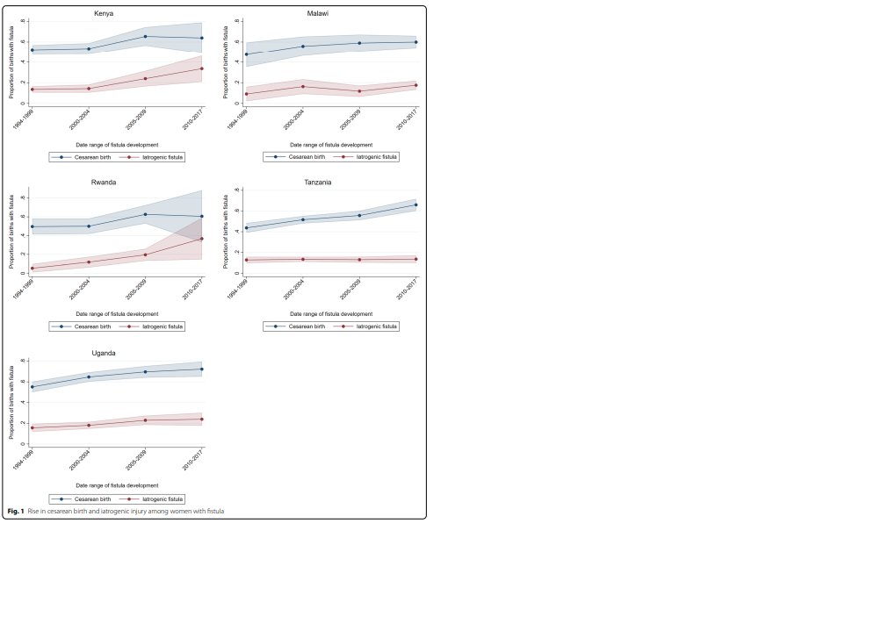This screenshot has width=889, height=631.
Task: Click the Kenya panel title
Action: [104, 13]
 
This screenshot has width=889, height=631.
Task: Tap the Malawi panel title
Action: [318, 13]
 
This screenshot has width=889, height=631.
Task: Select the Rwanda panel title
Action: [104, 183]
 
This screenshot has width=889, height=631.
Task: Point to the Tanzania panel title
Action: [318, 183]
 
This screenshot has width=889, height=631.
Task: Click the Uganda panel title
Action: [104, 353]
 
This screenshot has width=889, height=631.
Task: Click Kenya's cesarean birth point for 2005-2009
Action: [145, 36]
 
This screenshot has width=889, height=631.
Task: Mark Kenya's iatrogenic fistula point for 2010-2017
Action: [202, 68]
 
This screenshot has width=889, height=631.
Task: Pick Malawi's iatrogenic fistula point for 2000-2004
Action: [302, 86]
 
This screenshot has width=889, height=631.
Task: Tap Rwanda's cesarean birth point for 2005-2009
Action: [145, 214]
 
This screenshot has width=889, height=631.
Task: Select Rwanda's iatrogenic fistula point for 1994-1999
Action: [33, 268]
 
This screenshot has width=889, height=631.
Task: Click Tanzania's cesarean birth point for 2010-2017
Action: [416, 204]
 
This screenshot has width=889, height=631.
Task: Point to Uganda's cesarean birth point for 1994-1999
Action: [33, 387]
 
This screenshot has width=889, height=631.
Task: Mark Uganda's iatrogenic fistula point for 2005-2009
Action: [145, 420]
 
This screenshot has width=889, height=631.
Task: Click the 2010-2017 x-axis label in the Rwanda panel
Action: [193, 289]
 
